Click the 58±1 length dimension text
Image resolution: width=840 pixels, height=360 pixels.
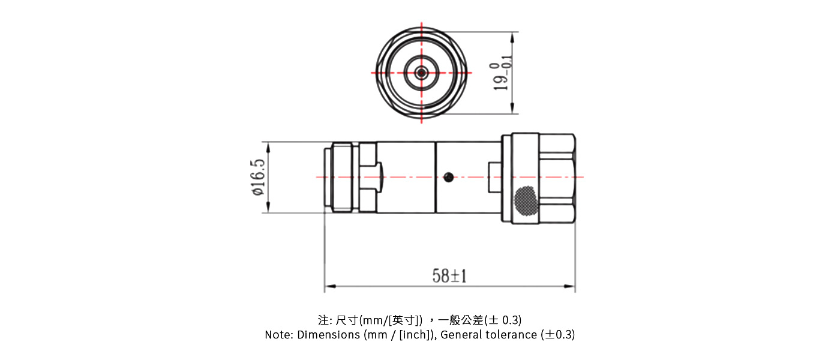point(449,275)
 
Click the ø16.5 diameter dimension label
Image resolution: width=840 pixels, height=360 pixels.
point(258,177)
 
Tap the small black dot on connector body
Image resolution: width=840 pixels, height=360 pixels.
point(448,176)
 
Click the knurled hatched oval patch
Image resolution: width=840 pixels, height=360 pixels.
point(526,200)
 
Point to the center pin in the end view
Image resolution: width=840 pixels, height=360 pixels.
point(421,73)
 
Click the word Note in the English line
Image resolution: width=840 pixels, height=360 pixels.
point(278,335)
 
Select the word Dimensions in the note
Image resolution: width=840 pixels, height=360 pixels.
point(329,335)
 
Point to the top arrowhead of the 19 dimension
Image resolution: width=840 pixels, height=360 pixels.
point(512,35)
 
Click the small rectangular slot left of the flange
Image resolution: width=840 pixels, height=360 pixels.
point(494,177)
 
